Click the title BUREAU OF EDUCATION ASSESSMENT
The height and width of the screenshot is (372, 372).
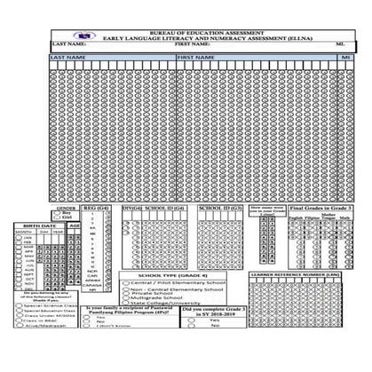[186, 29]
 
